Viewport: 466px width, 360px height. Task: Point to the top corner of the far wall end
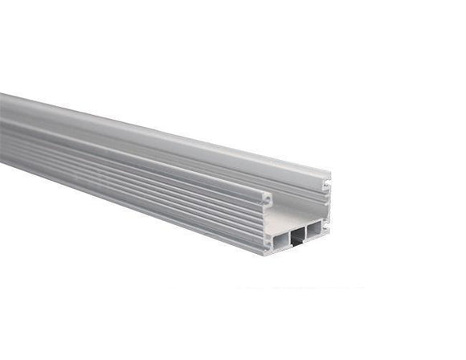[x=329, y=173]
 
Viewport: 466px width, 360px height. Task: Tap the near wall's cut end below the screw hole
[x=268, y=225]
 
